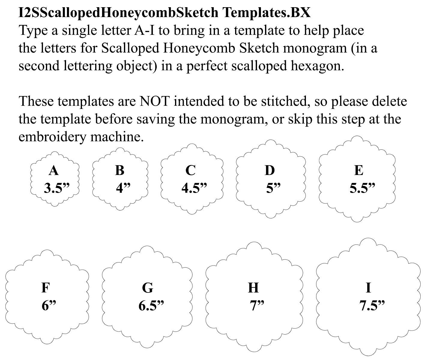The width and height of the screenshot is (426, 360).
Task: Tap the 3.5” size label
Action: click(56, 188)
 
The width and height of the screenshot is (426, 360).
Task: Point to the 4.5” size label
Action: click(194, 188)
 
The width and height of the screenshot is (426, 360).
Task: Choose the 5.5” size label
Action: click(362, 188)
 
